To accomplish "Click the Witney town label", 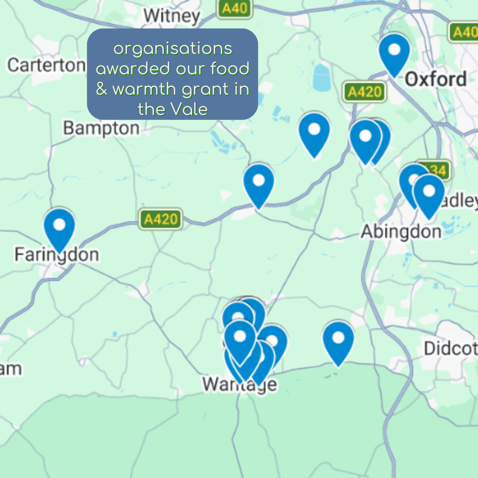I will coord(172,16).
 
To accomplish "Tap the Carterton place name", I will coord(46,65).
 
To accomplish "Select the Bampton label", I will coord(101,128).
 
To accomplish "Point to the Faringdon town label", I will coord(56,255).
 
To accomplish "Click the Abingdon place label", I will coord(401,231).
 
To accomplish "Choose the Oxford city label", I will coord(436,80).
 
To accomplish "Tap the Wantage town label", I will coord(240,384).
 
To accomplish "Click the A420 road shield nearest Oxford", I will coord(364,92).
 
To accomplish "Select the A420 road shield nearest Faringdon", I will coord(161,219).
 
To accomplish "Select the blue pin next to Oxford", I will coord(394,52).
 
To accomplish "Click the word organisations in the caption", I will coord(173,49).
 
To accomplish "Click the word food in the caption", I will coord(230,69).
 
